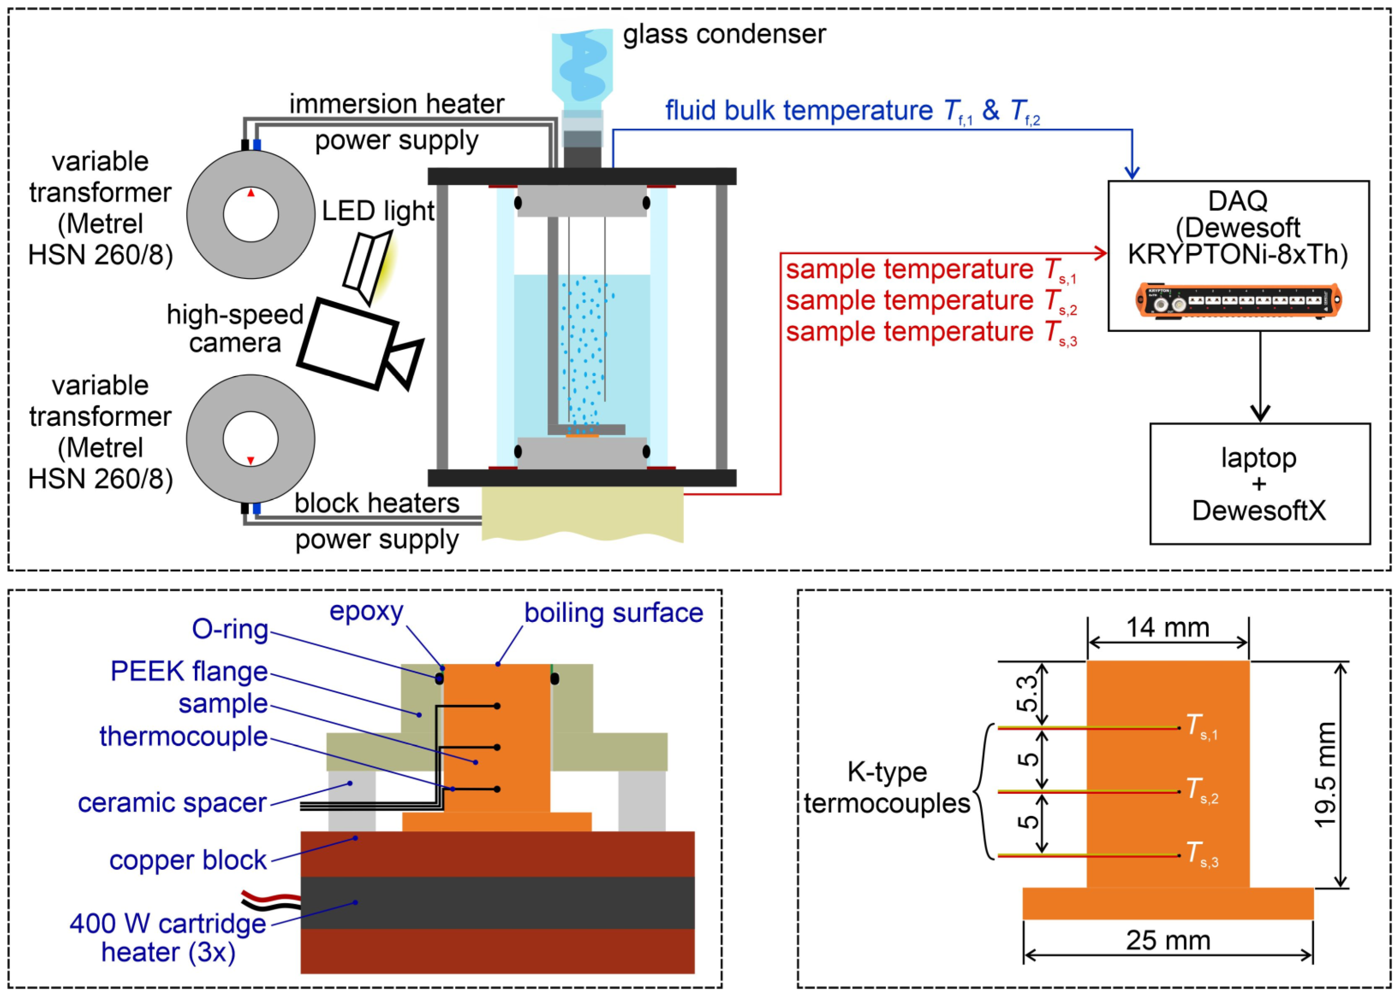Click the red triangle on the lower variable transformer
click(250, 460)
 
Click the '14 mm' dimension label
click(1168, 628)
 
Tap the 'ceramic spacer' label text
click(172, 803)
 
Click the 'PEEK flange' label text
click(189, 672)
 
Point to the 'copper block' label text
click(188, 860)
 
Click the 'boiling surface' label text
click(613, 613)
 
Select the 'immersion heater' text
click(397, 104)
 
